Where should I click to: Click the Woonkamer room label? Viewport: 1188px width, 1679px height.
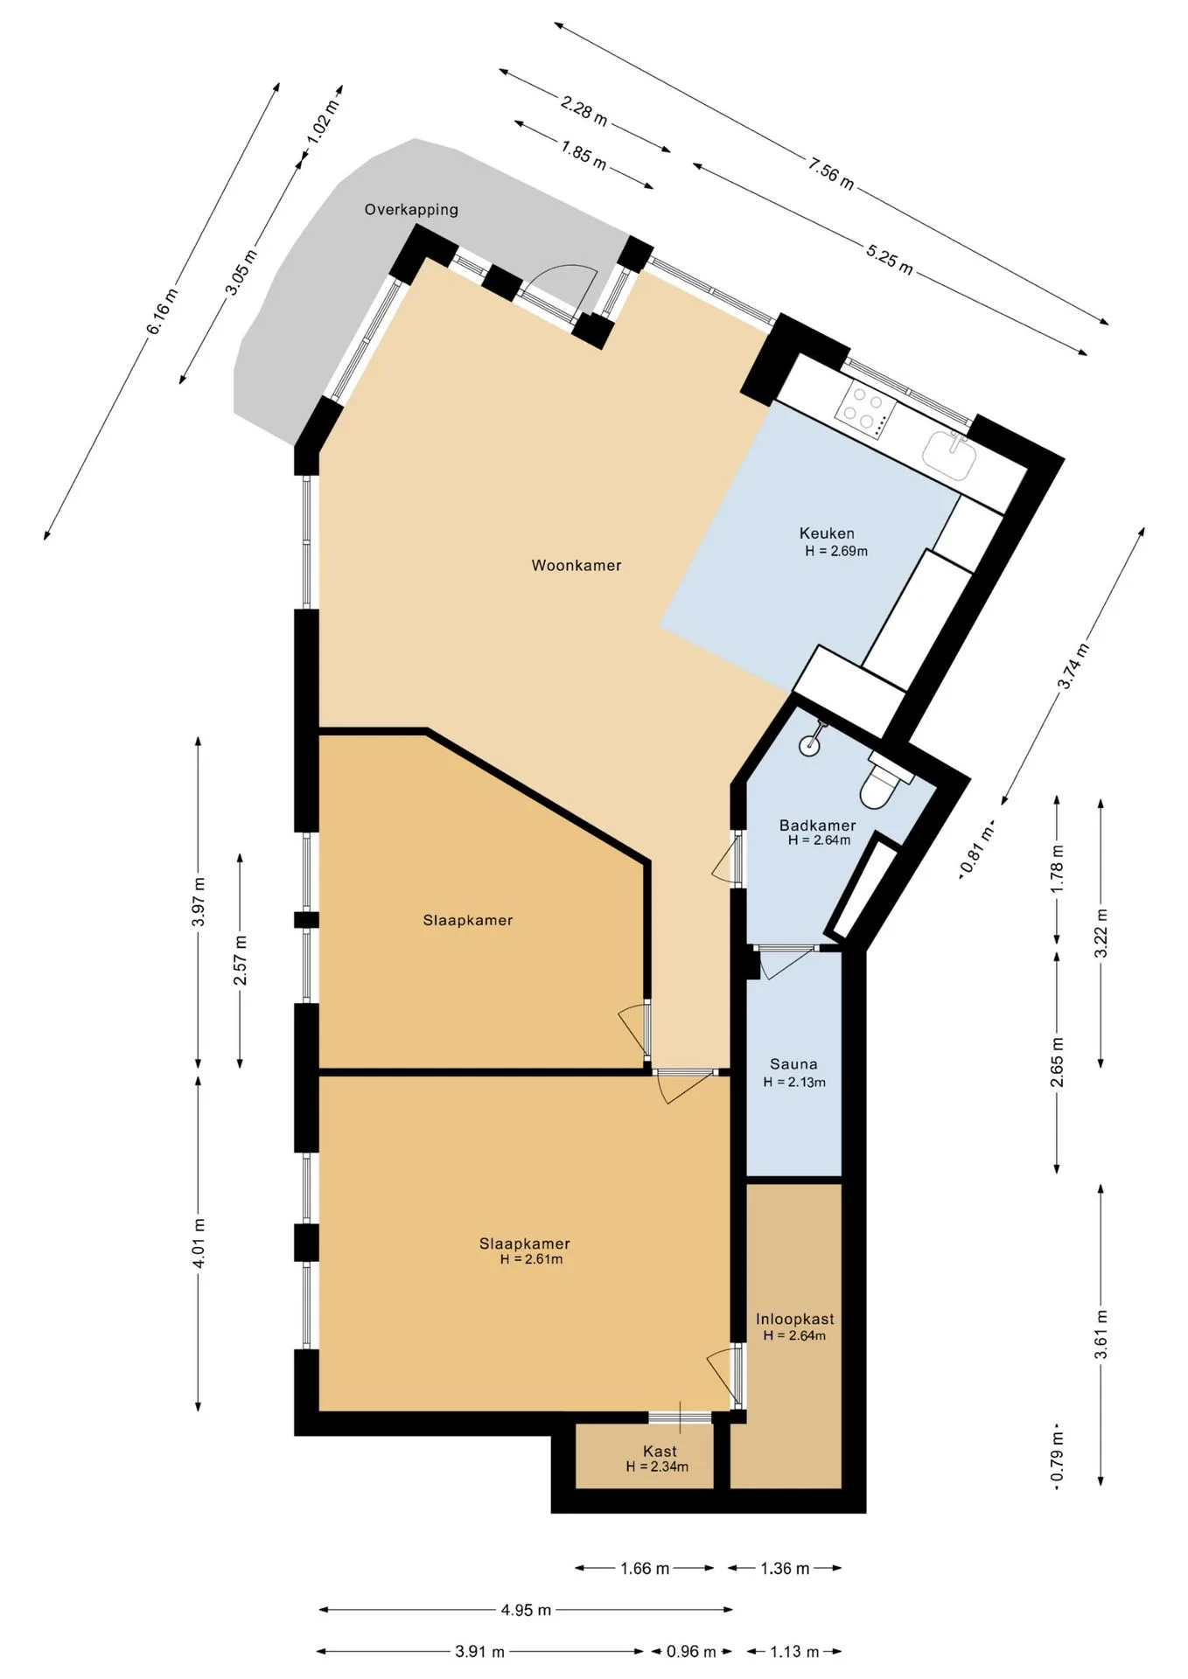coord(577,566)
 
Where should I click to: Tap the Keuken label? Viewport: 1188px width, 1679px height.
coord(827,533)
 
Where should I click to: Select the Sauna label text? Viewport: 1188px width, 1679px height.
coord(793,1064)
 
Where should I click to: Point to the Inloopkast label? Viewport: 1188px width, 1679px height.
coord(795,1319)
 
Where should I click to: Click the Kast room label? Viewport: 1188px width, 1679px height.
coord(660,1451)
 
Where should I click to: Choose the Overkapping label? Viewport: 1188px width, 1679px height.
coord(411,210)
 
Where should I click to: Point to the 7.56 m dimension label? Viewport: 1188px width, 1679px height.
coord(831,171)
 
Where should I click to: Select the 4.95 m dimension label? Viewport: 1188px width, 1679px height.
coord(526,1610)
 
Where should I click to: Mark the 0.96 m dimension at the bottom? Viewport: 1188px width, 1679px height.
coord(691,1652)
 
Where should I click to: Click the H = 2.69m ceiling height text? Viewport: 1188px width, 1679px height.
coord(836,552)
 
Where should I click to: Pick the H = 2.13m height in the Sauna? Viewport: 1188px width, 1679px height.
coord(794,1083)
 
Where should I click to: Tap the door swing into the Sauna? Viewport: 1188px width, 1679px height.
coord(786,963)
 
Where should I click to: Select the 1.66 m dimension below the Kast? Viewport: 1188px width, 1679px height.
coord(645,1569)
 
